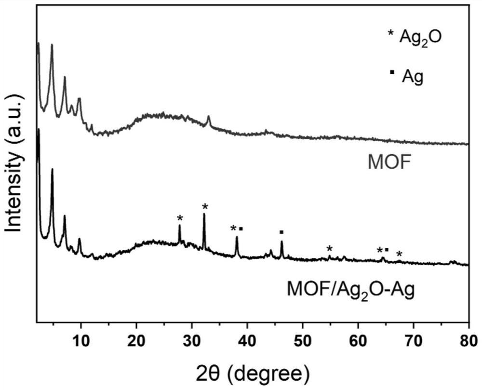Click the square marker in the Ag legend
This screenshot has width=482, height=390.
[x=392, y=72]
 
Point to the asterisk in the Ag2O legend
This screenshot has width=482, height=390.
[x=391, y=34]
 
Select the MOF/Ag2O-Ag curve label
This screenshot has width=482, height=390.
[x=350, y=291]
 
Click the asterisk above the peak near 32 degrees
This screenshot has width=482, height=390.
[x=205, y=207]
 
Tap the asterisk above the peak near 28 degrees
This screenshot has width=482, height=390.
[x=180, y=218]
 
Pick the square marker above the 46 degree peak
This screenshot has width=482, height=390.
[x=281, y=232]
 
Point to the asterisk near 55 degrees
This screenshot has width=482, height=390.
[x=329, y=249]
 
